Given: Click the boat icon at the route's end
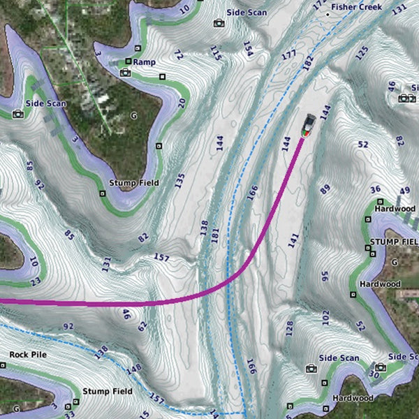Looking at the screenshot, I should [309, 126].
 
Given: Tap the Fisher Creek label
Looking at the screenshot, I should [356, 6].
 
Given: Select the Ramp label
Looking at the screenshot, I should [144, 62].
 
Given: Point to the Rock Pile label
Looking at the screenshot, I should [28, 355].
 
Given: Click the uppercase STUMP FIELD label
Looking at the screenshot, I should [393, 242].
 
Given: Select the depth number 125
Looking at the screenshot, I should [361, 52].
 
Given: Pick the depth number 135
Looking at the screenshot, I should [179, 181].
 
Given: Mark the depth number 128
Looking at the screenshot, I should [289, 328].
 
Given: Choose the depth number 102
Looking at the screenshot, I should [325, 318].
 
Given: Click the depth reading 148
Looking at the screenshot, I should [134, 368].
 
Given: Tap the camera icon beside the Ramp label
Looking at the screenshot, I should [126, 73].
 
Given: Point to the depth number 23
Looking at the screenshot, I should [35, 282].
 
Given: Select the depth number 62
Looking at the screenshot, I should [142, 325].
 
